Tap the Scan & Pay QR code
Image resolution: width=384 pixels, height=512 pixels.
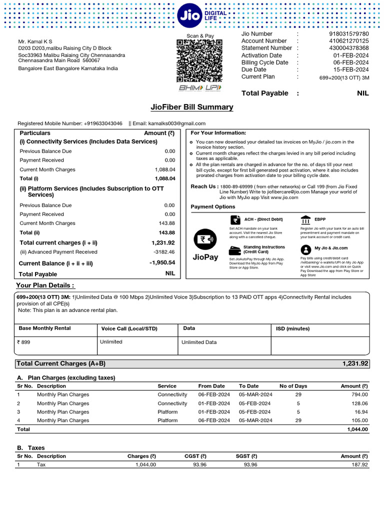200,60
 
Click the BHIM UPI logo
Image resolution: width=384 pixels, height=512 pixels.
200,88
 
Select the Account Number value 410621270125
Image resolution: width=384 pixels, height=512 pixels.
348,41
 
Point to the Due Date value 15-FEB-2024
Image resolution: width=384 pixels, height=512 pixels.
351,69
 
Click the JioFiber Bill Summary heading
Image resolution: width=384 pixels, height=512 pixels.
192,107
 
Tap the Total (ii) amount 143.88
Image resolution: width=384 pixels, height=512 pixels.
166,232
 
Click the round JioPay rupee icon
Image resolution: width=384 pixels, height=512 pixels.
205,239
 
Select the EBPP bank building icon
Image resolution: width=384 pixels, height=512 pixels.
305,220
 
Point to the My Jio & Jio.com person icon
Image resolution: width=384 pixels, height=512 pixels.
305,249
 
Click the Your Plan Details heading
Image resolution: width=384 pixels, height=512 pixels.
46,285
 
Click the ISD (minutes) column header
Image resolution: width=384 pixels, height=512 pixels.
293,328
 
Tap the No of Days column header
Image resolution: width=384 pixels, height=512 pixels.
293,386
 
